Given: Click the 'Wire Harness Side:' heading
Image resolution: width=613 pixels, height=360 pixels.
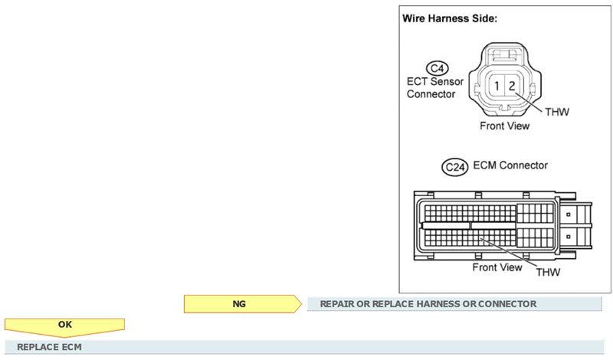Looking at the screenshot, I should point(450,18).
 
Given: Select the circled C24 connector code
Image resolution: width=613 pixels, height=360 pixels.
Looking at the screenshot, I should point(456,166).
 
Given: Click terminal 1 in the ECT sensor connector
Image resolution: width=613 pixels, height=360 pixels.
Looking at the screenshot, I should point(498,87).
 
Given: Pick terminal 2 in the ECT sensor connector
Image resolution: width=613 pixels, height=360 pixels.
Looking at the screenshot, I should point(512,87).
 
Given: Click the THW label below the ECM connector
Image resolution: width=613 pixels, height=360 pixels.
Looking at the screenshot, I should point(549,272).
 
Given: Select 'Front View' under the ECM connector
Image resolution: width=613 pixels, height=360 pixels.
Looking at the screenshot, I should point(497,267).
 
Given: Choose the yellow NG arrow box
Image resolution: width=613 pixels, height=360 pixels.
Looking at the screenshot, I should point(241,304).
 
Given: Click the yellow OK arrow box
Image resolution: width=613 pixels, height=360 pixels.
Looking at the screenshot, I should point(65,325).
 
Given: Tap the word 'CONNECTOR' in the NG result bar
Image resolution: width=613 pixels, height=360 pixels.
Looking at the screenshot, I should point(505,304).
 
